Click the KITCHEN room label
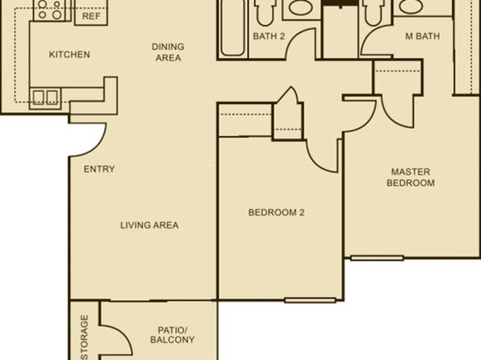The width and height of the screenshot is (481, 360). coord(69,54)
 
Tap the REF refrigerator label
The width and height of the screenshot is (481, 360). coord(91,16)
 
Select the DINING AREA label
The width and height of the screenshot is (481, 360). coord(168,52)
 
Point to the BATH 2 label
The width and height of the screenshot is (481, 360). coord(269,36)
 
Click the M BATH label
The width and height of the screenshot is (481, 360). coord(422,36)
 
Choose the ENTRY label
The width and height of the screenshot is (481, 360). coord(99,170)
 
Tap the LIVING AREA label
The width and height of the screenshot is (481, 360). coord(149,225)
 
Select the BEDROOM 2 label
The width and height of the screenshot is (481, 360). coord(276,212)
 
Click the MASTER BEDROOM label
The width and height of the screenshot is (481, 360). coord(411,178)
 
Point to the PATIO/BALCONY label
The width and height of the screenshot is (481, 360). coord(173,335)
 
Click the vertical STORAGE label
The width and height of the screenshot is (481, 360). coord(84,337)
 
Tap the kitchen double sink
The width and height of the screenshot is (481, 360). coord(45,98)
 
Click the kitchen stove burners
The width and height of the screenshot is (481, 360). coord(49,9)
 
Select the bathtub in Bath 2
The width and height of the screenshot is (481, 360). coord(232,28)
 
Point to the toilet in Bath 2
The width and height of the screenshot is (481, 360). coord(265,12)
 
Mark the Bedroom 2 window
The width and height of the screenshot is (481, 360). coord(310,300)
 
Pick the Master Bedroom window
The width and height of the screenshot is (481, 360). coord(377,258)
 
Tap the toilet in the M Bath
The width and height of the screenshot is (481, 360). coord(373,12)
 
